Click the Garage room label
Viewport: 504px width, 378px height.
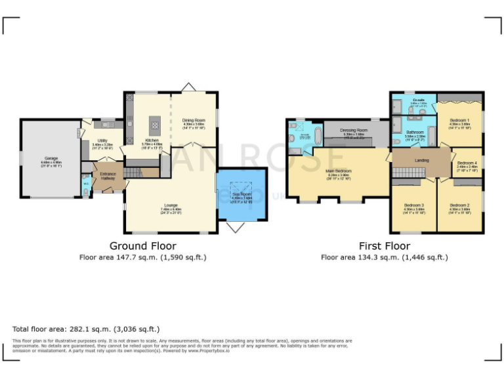(51, 158)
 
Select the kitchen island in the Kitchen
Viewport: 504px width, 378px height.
(155, 122)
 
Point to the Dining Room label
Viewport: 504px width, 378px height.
(194, 120)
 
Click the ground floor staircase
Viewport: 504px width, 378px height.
(133, 172)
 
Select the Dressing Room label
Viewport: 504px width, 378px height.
(354, 131)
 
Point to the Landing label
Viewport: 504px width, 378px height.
(422, 159)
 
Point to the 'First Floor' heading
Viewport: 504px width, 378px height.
(384, 246)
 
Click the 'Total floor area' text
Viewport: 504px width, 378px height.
(85, 328)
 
